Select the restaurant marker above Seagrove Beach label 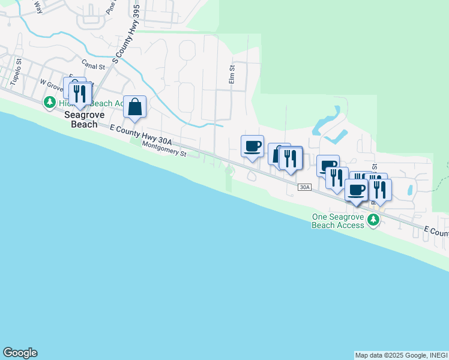point(80,93)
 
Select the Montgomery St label point(164,149)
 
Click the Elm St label point(231,75)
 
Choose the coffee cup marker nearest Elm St point(252,146)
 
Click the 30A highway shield point(305,188)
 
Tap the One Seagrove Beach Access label point(338,221)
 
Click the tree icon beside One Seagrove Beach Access point(373,220)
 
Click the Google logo point(20,353)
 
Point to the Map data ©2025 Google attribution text point(390,355)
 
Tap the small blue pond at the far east point(409,191)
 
